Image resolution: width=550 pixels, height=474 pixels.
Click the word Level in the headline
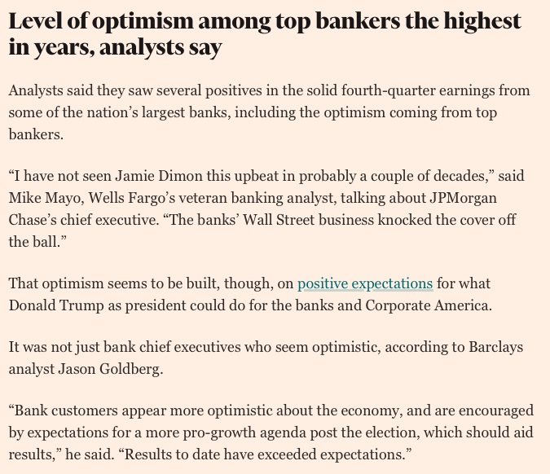(x=34, y=23)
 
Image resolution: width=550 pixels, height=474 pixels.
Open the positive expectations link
(x=365, y=284)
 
